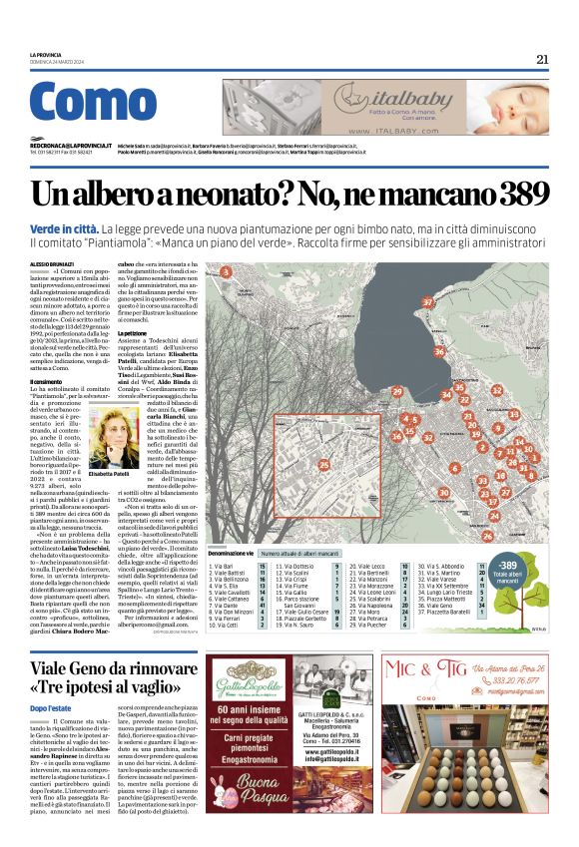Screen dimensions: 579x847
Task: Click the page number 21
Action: [x=542, y=59]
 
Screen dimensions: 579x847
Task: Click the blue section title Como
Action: [x=93, y=104]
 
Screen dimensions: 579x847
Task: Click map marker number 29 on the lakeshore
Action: [x=397, y=390]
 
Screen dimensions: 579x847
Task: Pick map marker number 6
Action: [x=454, y=467]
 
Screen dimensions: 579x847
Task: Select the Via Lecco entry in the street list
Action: [x=364, y=566]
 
